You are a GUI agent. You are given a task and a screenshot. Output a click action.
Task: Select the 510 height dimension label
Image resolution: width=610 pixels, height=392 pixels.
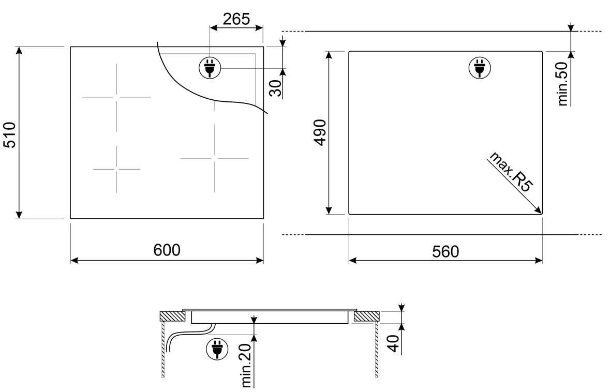(x=10, y=134)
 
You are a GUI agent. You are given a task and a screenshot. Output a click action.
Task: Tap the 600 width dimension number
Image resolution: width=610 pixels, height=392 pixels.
(x=167, y=250)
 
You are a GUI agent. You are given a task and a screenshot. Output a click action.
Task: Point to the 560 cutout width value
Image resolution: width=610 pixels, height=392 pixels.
(x=445, y=252)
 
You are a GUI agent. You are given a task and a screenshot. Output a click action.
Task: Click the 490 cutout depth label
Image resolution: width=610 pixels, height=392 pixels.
(x=321, y=132)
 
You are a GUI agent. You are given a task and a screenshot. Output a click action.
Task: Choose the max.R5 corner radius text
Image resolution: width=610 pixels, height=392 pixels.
(x=511, y=171)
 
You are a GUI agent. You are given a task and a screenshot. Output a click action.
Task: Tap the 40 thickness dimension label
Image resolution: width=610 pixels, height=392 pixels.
(x=394, y=343)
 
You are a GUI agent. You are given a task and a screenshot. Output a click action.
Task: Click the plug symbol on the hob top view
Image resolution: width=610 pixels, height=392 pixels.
(x=210, y=68)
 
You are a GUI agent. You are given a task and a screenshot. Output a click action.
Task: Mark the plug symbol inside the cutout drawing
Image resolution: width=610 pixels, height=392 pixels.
(x=480, y=68)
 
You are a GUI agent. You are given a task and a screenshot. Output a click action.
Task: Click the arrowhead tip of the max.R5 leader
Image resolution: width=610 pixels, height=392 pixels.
(x=542, y=214)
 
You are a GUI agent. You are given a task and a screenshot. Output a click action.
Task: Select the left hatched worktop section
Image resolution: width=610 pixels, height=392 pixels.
(x=172, y=316)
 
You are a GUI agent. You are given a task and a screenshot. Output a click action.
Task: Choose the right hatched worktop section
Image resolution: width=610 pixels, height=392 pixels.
(x=367, y=316)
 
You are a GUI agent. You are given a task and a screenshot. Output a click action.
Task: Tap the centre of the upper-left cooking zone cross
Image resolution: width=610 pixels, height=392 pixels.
(x=116, y=98)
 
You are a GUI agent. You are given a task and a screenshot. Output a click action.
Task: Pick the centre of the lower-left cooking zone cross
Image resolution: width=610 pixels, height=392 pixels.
(x=116, y=169)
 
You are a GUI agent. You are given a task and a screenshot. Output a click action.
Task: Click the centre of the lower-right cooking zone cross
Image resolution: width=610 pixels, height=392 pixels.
(x=215, y=158)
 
